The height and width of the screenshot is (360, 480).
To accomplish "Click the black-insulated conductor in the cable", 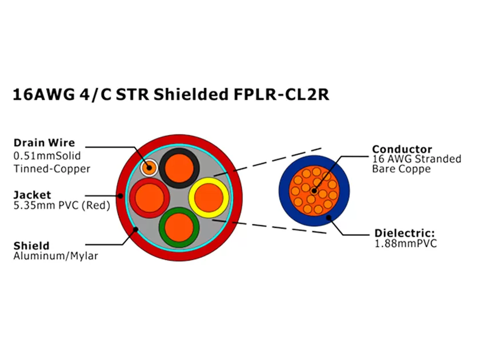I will coord(179,167).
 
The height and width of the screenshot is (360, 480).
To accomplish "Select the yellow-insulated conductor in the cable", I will coord(209,196).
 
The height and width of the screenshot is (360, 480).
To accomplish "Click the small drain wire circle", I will coord(149,167).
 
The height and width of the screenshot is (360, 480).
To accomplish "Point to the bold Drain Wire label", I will coord(44,143).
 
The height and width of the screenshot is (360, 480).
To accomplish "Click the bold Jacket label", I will coord(32,195).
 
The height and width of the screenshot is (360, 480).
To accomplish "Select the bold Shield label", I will coord(31,246).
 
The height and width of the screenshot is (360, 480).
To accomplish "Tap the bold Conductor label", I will coord(402,150).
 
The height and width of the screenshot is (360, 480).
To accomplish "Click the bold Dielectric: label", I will coord(405,233).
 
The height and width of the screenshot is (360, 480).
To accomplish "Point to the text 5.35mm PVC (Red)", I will coord(61,205).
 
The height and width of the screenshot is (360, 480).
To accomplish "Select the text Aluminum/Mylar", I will coord(55,256).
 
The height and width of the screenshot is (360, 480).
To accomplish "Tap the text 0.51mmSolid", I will coord(47,155).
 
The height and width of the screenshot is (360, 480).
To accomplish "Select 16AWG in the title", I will coord(43,94).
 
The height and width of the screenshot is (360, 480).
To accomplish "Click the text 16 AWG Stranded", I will coord(416,159).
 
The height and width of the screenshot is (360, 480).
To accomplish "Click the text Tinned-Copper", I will coord(51,169).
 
